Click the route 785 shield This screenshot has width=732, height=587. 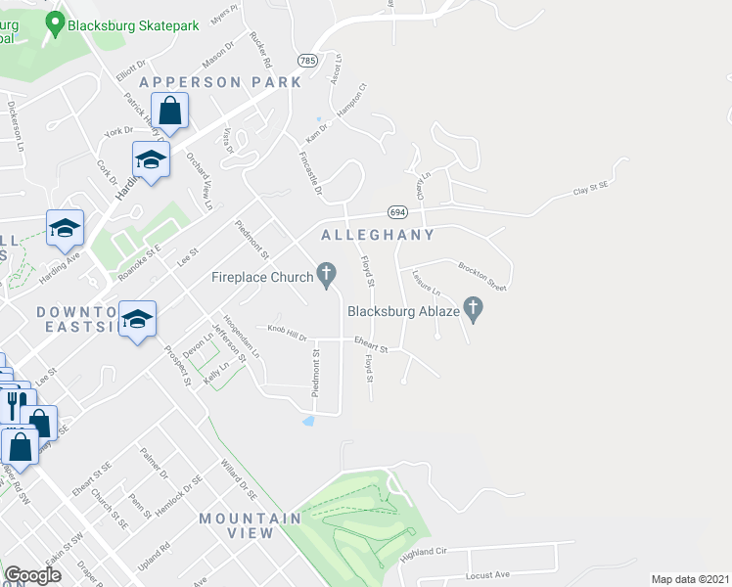coord(308,61)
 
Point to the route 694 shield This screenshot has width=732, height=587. coord(396,211)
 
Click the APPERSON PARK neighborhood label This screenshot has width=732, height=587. coord(220,82)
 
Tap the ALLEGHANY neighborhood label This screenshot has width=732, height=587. coord(378,236)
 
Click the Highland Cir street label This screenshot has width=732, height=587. coord(424,555)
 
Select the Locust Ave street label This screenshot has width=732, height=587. coord(489,575)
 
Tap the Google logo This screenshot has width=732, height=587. coord(33,575)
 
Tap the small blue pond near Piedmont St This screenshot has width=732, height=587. coord(309,422)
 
